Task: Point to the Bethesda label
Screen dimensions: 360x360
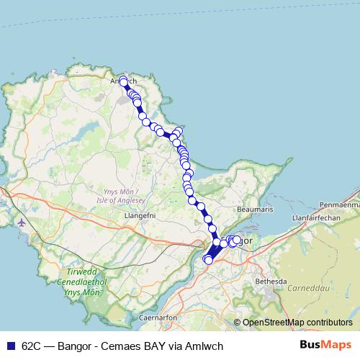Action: click(x=271, y=281)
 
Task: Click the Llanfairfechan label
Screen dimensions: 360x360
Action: click(x=317, y=216)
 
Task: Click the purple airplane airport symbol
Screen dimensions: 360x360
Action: click(x=21, y=222)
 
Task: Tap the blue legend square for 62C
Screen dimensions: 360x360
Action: click(x=11, y=345)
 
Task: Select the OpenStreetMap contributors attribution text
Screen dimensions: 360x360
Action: click(x=297, y=322)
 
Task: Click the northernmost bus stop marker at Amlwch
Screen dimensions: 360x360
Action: click(x=123, y=80)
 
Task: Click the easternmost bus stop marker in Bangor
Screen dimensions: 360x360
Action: click(x=237, y=240)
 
